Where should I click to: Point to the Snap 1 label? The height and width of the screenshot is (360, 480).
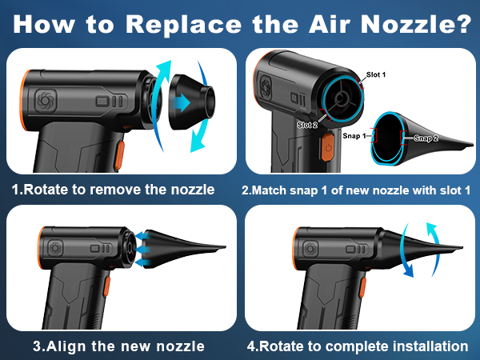[354, 136]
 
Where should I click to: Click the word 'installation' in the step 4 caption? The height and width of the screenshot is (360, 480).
[430, 346]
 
